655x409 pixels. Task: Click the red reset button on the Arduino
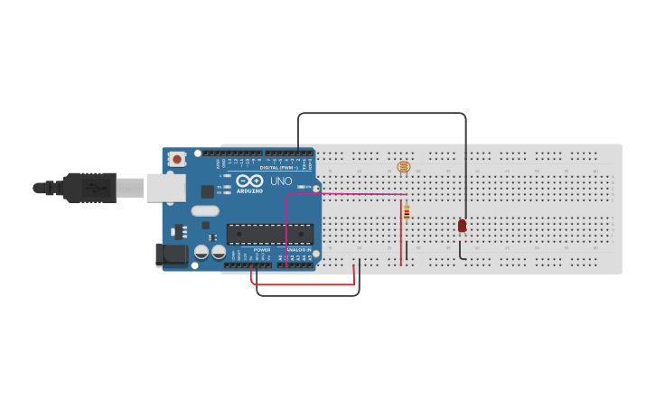click(177, 159)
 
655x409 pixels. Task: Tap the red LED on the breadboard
click(462, 225)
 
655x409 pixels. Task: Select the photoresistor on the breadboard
click(404, 167)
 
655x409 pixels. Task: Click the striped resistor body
click(407, 212)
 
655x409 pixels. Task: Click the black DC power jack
click(171, 255)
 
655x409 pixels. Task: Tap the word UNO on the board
click(281, 181)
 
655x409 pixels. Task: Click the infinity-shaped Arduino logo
click(249, 181)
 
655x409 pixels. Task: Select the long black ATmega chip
click(270, 234)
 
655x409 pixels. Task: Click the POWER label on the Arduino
click(262, 250)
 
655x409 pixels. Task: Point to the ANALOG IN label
click(299, 250)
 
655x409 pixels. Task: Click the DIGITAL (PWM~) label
click(279, 167)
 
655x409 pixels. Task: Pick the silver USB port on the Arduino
click(166, 188)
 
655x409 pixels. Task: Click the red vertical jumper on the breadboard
click(401, 233)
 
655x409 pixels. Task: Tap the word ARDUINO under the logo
click(250, 191)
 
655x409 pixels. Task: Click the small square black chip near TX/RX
click(207, 191)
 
